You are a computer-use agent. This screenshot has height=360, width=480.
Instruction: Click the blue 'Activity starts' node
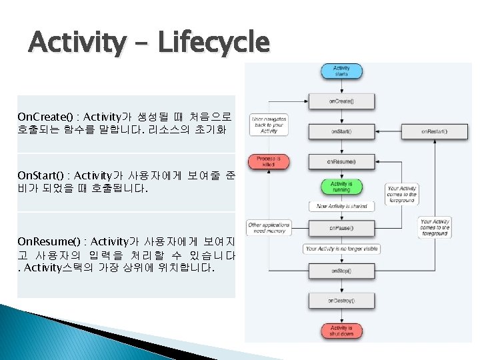point(341,71)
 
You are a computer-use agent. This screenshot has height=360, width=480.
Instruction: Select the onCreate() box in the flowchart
point(341,101)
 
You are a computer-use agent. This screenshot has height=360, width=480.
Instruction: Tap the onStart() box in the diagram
point(341,131)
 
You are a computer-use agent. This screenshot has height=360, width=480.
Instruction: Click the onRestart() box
point(434,131)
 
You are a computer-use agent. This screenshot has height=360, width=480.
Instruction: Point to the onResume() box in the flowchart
point(341,161)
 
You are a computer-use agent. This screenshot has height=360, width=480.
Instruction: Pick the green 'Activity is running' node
point(341,187)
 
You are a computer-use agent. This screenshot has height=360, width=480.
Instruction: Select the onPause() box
point(341,229)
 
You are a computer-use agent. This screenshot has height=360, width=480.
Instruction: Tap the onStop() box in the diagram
point(341,271)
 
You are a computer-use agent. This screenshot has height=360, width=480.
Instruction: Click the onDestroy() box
point(341,301)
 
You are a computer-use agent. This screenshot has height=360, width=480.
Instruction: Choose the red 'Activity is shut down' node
point(341,330)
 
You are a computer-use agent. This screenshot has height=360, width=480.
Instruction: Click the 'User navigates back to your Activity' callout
point(269,125)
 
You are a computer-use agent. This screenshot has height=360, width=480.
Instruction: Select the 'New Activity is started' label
point(341,207)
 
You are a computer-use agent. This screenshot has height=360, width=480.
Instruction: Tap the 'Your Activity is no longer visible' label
point(341,249)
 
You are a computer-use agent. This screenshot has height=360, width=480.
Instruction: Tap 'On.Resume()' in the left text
point(44,241)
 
